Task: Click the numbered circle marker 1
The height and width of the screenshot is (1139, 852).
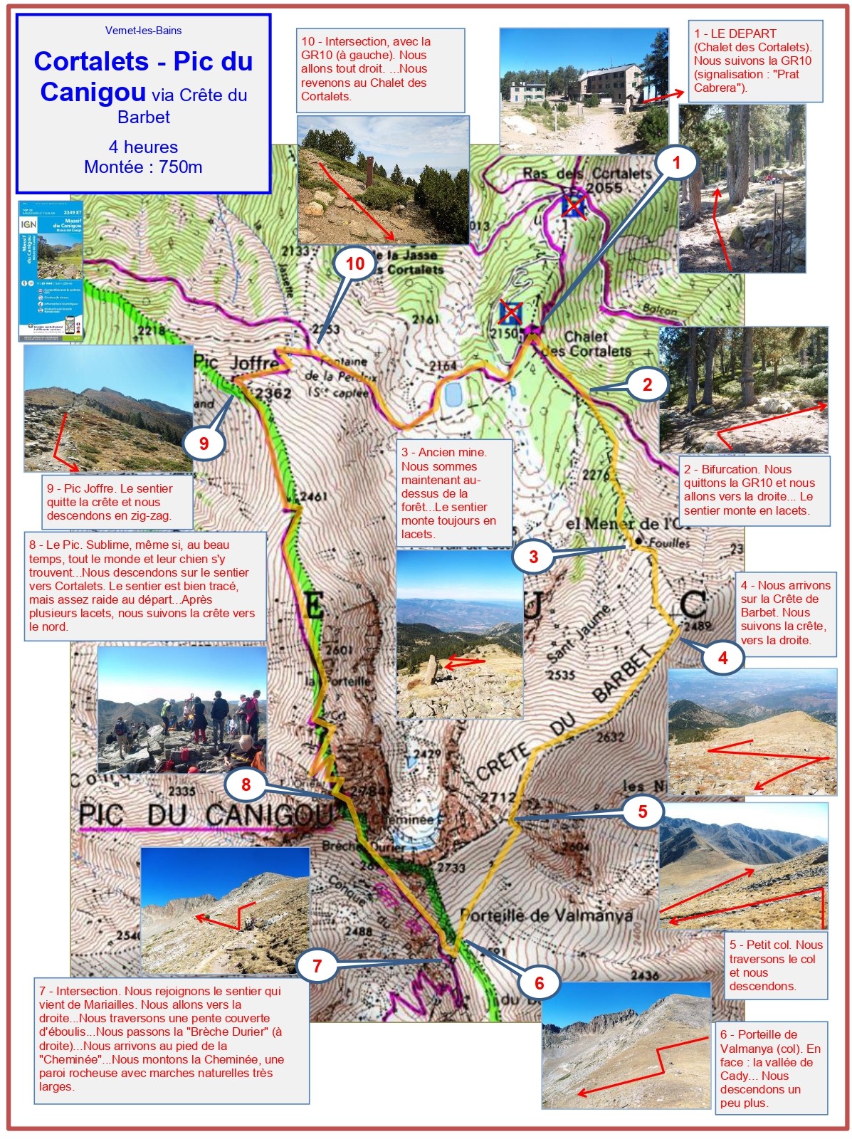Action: (x=676, y=162)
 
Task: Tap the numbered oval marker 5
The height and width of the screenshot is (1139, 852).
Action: (x=642, y=812)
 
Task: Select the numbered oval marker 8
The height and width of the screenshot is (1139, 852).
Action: (x=246, y=784)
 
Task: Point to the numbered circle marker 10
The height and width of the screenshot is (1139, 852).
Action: (x=354, y=264)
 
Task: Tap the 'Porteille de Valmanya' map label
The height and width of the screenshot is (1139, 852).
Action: (x=546, y=915)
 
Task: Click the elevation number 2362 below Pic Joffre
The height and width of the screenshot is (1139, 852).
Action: (x=273, y=393)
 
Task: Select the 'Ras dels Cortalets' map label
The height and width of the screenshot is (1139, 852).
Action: (x=587, y=174)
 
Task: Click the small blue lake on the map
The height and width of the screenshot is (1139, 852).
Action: (x=451, y=394)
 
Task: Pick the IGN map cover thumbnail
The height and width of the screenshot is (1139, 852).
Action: (x=51, y=271)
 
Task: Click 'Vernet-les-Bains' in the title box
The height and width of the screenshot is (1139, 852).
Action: (x=143, y=31)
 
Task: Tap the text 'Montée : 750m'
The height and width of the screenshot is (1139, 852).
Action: (x=143, y=167)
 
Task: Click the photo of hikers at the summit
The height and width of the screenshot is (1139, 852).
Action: (x=182, y=710)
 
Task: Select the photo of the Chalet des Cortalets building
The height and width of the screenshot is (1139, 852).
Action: (x=584, y=90)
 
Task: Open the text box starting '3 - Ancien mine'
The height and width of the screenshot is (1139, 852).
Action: (x=454, y=493)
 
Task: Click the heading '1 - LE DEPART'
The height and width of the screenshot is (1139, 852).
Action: (x=735, y=33)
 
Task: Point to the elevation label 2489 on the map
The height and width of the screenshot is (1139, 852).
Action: (x=698, y=626)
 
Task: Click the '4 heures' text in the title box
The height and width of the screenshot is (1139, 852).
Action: (x=143, y=147)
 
